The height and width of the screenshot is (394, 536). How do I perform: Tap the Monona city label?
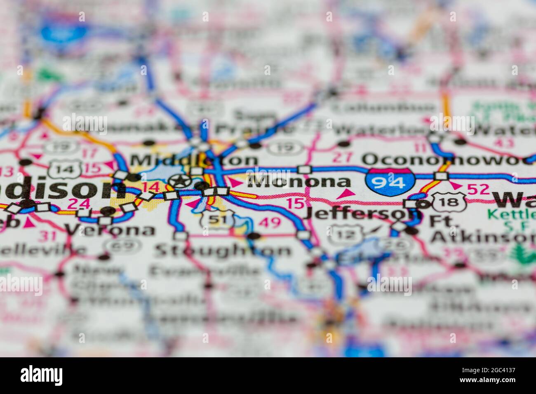pyautogui.click(x=299, y=182)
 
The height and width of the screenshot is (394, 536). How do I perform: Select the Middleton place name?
pyautogui.click(x=194, y=160)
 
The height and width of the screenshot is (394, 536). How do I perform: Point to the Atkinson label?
pyautogui.click(x=482, y=237)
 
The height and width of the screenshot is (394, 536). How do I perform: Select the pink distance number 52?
pyautogui.click(x=478, y=189)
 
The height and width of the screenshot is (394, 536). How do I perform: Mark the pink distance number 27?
pyautogui.click(x=343, y=157)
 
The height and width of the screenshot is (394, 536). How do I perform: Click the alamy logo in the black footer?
pyautogui.click(x=42, y=375)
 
